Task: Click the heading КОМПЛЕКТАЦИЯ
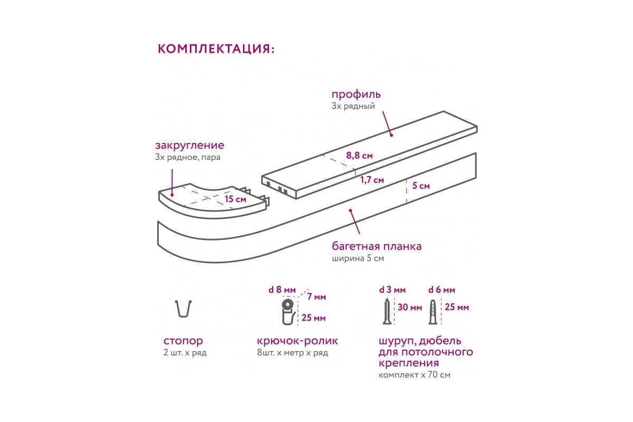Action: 216,49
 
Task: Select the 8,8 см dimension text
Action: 359,156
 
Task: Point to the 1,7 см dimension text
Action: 372,180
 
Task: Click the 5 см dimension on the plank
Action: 421,186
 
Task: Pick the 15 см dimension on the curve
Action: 235,199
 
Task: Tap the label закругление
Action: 189,145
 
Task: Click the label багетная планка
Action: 377,246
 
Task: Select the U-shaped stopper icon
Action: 183,309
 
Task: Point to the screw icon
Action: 387,312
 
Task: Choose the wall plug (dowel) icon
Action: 433,312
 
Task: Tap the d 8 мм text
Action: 282,290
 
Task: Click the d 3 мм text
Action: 392,290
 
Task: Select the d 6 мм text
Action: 442,290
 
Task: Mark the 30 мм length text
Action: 410,307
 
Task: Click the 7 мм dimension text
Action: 316,297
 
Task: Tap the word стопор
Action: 183,341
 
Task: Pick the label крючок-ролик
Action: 298,341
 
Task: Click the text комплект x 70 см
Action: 415,375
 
